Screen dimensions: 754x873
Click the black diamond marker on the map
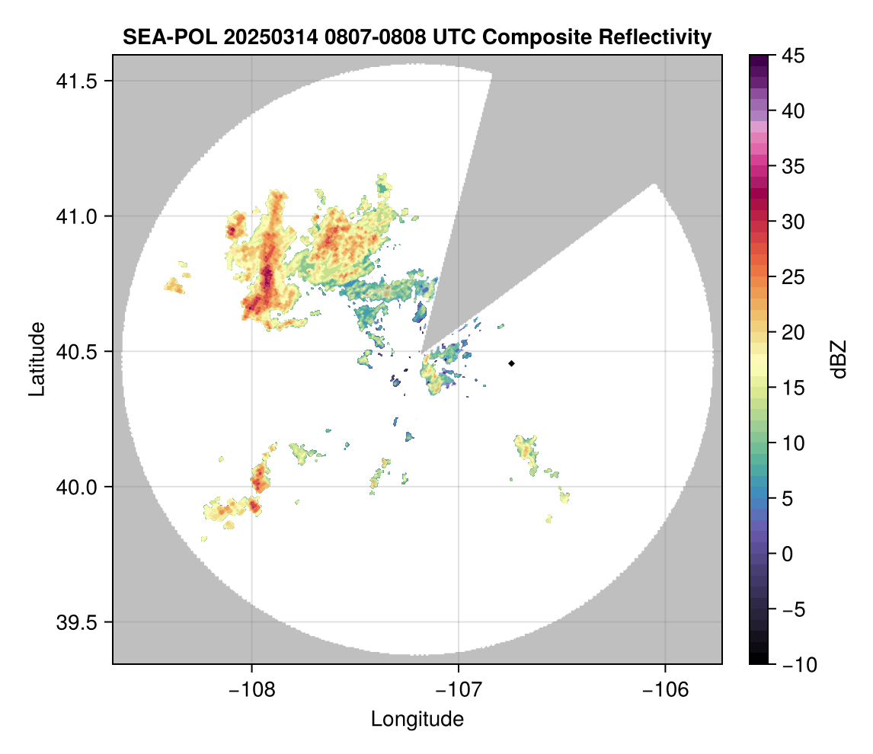512,363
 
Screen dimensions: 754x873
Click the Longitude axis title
417,719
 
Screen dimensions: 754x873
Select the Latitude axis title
36,359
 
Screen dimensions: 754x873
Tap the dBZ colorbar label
839,359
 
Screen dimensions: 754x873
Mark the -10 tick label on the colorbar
797,665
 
